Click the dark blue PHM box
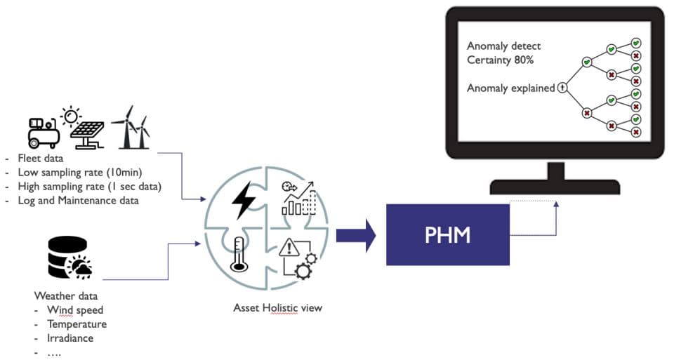pos(448,234)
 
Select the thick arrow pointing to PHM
pos(356,235)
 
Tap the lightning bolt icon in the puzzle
pos(244,200)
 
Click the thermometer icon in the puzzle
pos(239,254)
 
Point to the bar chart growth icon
pos(299,198)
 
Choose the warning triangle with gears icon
pos(298,258)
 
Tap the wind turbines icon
pos(131,127)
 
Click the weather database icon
pos(70,258)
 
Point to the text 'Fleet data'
pos(40,158)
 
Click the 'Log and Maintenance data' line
pos(78,201)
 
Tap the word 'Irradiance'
pos(70,338)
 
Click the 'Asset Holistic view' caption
pos(277,308)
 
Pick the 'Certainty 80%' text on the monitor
pos(501,60)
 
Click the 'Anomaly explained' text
pos(510,88)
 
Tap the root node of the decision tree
pos(562,88)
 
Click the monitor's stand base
pos(555,187)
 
